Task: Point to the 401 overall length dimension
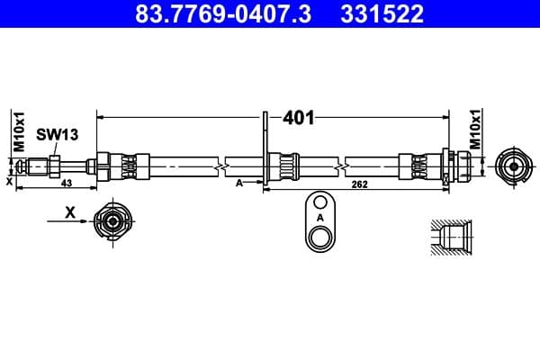point(298,118)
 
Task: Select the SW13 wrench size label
point(57,135)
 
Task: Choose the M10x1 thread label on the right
point(478,131)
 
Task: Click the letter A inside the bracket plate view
point(319,218)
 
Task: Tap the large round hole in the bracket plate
point(319,238)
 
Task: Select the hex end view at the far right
point(511,166)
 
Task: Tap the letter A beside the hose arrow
point(238,183)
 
